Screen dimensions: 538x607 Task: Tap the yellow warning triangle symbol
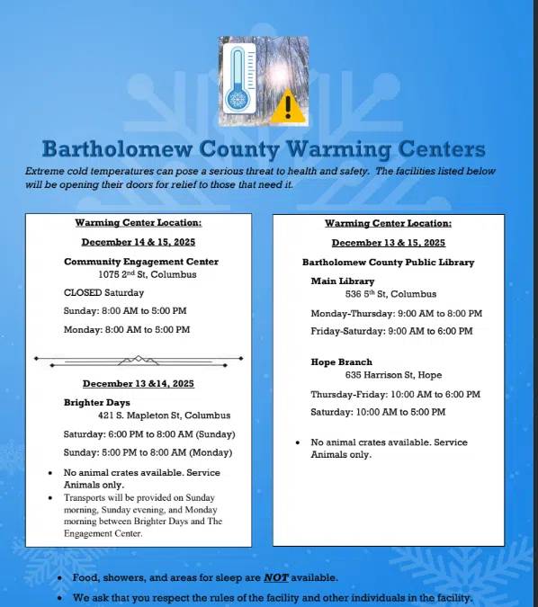coord(288,106)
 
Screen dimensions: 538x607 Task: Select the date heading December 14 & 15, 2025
coord(138,242)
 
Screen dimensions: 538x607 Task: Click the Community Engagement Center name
coord(141,262)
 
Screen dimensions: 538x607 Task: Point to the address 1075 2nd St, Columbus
coord(148,274)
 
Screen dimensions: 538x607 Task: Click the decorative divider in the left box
coord(139,360)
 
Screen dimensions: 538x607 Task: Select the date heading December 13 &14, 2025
coord(138,383)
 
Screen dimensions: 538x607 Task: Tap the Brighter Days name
coord(97,402)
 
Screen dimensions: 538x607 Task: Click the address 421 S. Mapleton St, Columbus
coord(164,415)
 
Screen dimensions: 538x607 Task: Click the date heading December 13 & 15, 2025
coord(388,243)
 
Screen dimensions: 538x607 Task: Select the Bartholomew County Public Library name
coord(388,263)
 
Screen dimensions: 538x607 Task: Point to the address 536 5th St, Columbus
coord(390,294)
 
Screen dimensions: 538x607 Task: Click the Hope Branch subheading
coord(341,362)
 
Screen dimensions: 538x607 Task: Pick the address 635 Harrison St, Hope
coord(393,375)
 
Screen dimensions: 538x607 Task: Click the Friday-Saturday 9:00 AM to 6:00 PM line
coord(396,330)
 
